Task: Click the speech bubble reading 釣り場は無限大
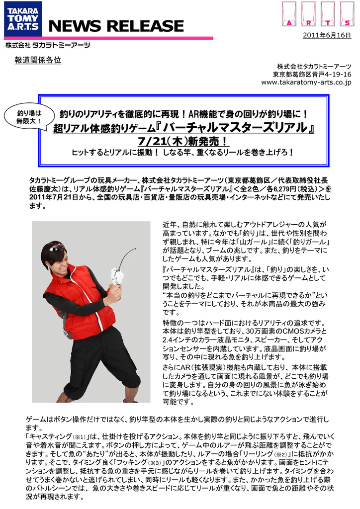coord(29,117)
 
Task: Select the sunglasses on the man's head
coord(54,246)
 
